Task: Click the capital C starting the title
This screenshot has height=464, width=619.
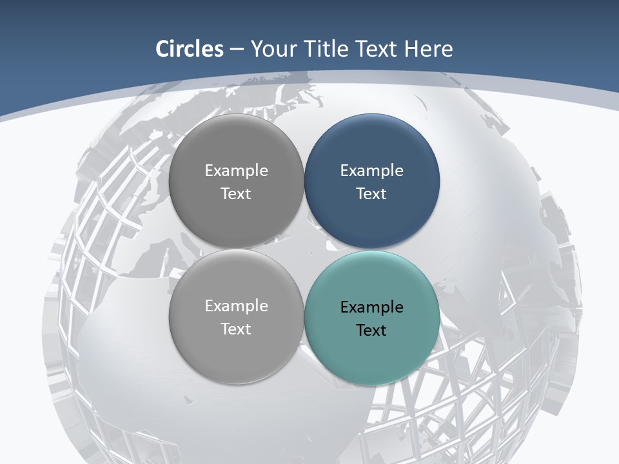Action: click(x=162, y=49)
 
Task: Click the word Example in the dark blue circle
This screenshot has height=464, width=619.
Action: click(x=371, y=171)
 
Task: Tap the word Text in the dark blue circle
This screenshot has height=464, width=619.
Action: click(x=371, y=193)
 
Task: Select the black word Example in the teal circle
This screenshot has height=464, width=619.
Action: click(x=371, y=307)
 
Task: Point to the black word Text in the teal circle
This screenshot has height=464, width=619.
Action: click(x=371, y=330)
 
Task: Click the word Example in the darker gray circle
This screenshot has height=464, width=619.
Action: click(x=236, y=171)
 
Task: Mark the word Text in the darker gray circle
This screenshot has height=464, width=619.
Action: click(x=236, y=193)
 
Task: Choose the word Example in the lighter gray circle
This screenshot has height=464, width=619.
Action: click(x=236, y=306)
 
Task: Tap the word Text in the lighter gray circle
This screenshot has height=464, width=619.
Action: click(x=236, y=329)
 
